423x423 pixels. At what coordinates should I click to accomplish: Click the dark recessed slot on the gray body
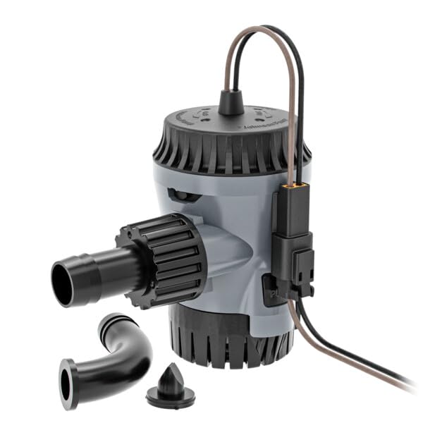[x=180, y=195]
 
